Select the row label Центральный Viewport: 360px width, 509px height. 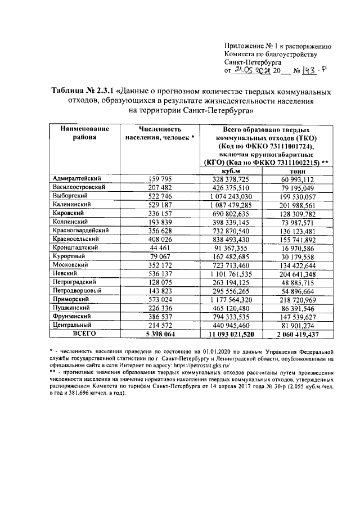pos(72,325)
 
